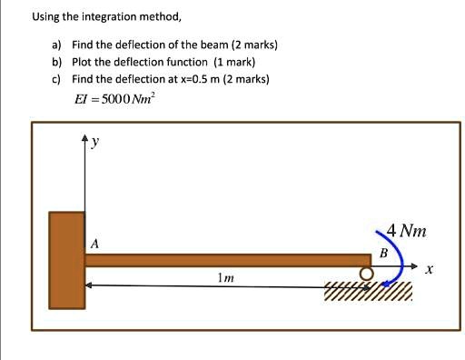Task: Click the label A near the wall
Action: (x=94, y=244)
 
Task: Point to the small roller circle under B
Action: (x=366, y=274)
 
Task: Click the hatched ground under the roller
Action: (x=368, y=291)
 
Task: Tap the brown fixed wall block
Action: (x=66, y=260)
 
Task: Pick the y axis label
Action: (x=94, y=144)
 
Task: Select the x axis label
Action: (x=430, y=270)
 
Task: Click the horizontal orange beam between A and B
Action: (x=227, y=260)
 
